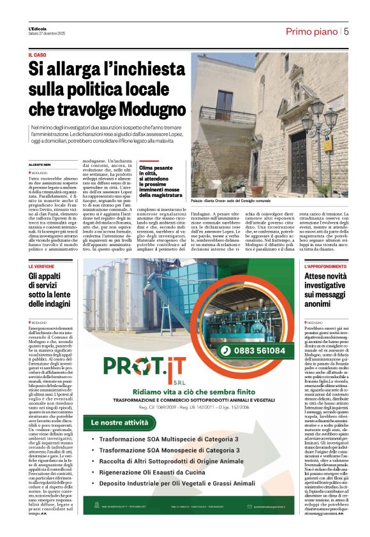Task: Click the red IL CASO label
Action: (x=38, y=55)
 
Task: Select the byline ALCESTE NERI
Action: (x=40, y=165)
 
